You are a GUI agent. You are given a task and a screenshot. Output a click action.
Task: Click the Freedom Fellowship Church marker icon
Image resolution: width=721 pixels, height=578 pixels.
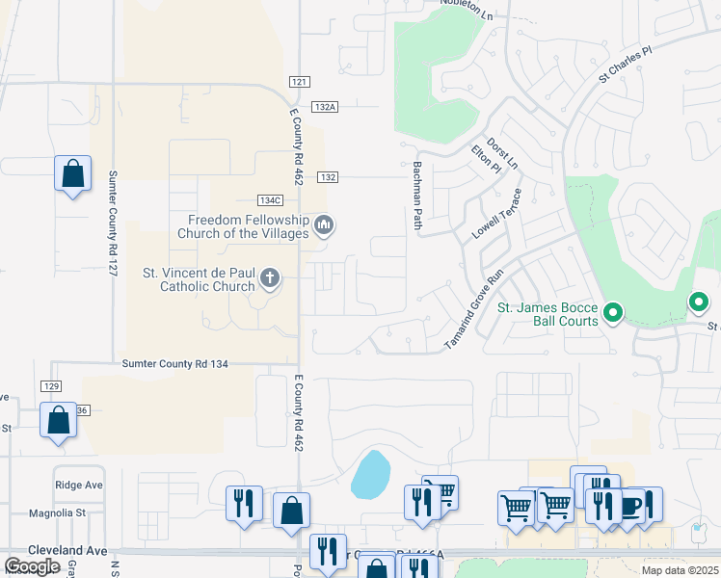click(325, 226)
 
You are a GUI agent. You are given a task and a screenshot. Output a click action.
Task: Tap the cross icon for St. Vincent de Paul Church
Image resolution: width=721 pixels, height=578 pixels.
click(271, 279)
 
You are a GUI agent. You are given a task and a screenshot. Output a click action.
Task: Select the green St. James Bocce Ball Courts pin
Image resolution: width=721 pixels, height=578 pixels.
click(612, 312)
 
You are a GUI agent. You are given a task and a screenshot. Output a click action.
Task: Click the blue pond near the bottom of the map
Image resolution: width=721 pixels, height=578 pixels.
click(370, 475)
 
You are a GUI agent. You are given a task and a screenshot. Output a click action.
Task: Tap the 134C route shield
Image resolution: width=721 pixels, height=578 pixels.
click(270, 199)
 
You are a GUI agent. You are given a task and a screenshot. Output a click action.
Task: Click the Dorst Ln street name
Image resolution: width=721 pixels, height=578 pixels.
click(501, 151)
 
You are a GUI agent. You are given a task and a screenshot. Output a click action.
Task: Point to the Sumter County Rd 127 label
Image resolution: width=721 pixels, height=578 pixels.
click(113, 224)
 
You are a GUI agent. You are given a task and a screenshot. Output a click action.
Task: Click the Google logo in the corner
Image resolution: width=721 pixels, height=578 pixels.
click(32, 565)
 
